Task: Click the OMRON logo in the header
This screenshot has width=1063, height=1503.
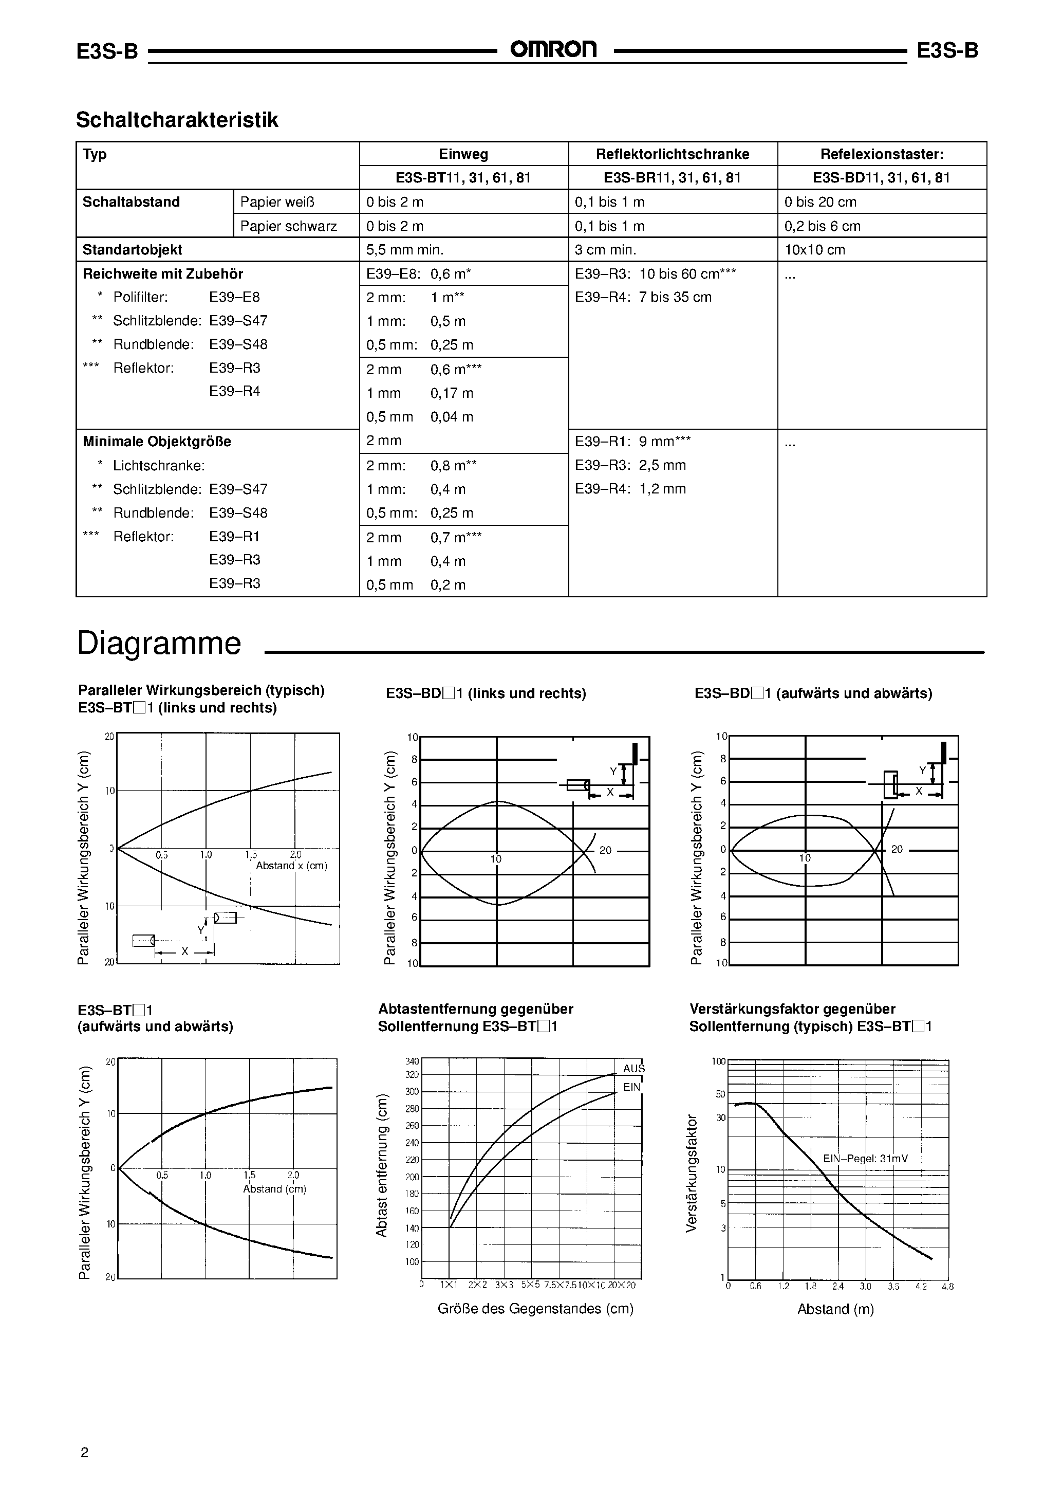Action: pos(553,50)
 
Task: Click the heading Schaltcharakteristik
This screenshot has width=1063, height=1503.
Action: pos(177,120)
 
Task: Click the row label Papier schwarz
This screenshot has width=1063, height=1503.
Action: pos(288,226)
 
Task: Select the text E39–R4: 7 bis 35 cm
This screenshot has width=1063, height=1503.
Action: pos(643,297)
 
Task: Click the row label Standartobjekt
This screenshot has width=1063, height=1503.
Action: pos(132,249)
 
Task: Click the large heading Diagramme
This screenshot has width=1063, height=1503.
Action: pos(159,643)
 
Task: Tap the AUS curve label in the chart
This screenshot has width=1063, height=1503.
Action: pos(633,1068)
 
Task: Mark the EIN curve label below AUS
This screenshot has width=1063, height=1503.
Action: pos(631,1087)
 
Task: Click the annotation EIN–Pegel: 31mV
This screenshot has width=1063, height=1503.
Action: pos(865,1159)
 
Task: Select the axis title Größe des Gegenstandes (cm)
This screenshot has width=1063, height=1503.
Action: pos(535,1309)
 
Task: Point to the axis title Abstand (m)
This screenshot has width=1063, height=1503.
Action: pos(835,1309)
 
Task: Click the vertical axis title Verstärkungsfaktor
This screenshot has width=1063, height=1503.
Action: pos(691,1173)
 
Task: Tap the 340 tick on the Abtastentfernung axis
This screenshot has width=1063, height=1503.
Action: pos(412,1061)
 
